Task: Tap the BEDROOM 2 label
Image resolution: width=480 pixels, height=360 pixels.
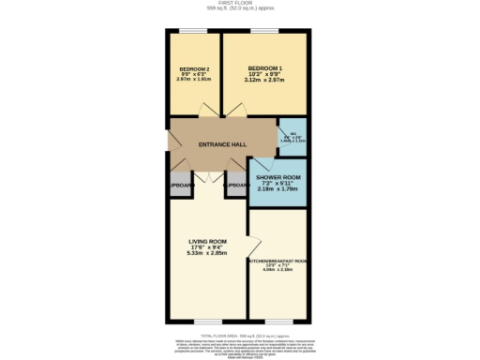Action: pos(194,68)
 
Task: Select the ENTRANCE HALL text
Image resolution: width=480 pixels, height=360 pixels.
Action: pos(221,144)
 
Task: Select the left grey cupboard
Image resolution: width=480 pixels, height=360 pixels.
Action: pos(179,186)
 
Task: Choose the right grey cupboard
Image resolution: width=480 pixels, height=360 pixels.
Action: pos(235,186)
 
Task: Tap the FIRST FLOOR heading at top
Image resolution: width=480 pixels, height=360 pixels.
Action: pos(240,3)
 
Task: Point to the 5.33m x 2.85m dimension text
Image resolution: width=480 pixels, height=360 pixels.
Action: pos(207,253)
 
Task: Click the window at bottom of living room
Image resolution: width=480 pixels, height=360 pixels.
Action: pos(207,322)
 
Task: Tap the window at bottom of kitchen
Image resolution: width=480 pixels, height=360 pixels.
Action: pos(277,322)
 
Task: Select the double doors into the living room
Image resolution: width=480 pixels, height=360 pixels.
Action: pos(207,175)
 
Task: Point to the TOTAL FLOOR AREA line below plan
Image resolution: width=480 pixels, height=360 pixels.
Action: pos(240,334)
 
